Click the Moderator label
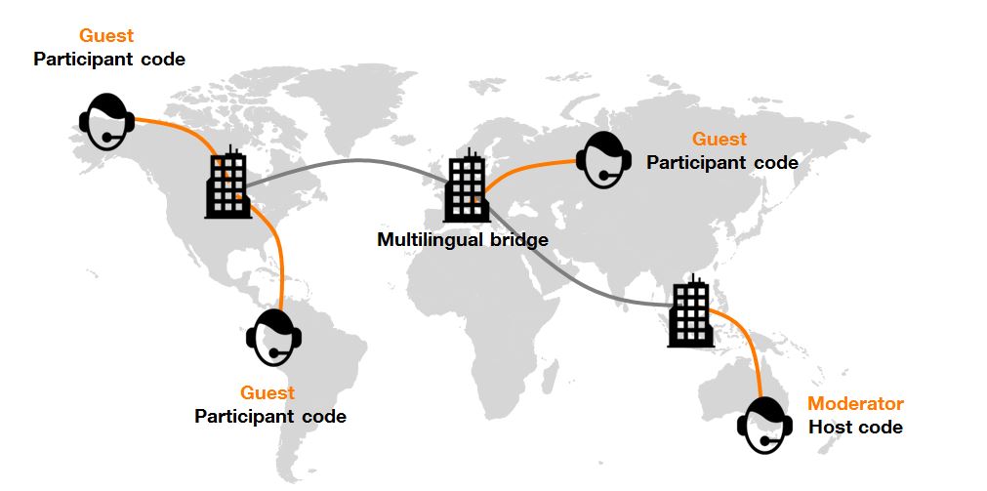(855, 404)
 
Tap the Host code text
(855, 428)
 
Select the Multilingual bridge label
(463, 239)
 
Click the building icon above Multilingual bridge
(467, 188)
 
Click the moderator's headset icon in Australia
(764, 425)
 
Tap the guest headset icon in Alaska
(105, 121)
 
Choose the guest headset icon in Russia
(604, 158)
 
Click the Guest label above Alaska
(106, 37)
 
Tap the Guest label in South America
(267, 393)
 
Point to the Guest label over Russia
(720, 140)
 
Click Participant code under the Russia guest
(722, 163)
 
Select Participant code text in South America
(270, 417)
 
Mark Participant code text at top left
(109, 60)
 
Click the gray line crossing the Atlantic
(351, 161)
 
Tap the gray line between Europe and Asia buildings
(576, 282)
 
